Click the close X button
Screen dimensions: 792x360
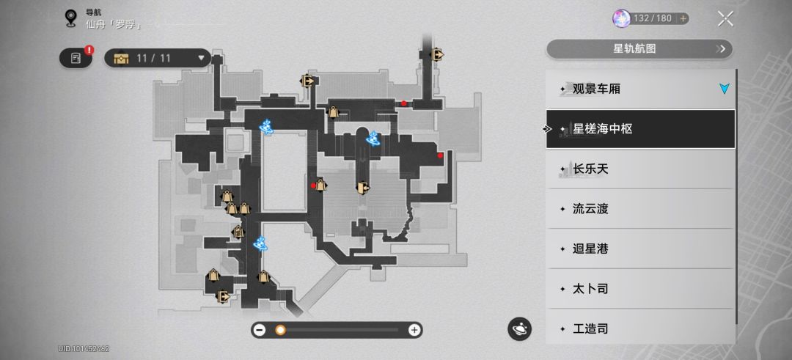click(725, 18)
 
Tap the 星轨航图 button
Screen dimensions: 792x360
click(639, 49)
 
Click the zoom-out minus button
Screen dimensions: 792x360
click(260, 330)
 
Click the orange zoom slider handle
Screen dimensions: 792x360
click(280, 330)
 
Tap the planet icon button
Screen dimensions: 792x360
click(519, 329)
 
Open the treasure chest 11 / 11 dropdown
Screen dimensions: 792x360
click(158, 58)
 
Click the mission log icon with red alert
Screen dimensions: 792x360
click(76, 58)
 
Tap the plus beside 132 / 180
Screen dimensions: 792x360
click(683, 18)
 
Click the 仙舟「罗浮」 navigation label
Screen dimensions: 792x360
click(114, 23)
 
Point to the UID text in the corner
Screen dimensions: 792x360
click(84, 349)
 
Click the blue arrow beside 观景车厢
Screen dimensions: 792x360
click(725, 89)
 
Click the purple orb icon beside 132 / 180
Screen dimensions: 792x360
click(621, 18)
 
